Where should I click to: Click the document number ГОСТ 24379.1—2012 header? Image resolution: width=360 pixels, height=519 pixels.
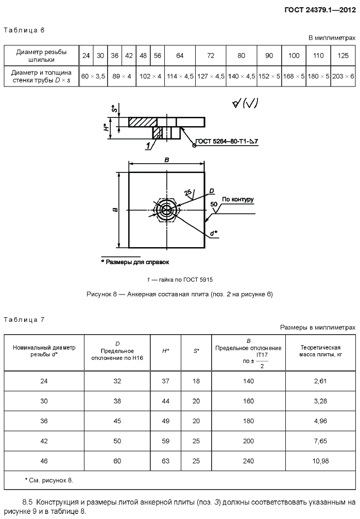click(x=320, y=10)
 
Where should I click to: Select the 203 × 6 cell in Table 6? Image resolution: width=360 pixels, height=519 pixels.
click(x=343, y=76)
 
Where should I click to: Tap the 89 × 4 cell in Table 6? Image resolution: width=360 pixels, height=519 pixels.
click(x=122, y=76)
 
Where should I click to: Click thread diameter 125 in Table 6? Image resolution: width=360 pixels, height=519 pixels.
click(x=343, y=56)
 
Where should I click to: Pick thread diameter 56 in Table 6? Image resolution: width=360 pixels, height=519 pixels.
click(x=157, y=56)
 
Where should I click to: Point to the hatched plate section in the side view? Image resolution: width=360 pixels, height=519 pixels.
click(x=143, y=122)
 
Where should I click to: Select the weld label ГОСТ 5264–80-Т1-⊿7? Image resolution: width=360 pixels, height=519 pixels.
click(x=227, y=141)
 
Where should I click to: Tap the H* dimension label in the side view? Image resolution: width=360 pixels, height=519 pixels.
click(x=105, y=128)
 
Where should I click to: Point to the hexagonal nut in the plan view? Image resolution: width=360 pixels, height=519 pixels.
click(x=166, y=210)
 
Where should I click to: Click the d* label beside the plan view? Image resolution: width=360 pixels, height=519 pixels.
click(x=214, y=233)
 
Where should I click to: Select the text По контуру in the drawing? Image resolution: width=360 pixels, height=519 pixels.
click(x=238, y=199)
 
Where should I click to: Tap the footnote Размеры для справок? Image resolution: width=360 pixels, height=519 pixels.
click(x=135, y=262)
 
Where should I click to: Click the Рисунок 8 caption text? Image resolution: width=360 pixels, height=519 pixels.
click(x=180, y=294)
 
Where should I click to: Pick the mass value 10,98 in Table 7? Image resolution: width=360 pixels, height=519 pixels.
click(x=320, y=461)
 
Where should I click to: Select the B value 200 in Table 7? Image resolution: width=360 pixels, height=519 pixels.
click(x=248, y=441)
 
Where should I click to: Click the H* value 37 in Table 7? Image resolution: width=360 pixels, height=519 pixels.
click(x=166, y=381)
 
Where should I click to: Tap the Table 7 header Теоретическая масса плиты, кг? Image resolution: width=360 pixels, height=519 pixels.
click(x=320, y=351)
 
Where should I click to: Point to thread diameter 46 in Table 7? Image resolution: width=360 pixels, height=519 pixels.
click(x=44, y=461)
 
